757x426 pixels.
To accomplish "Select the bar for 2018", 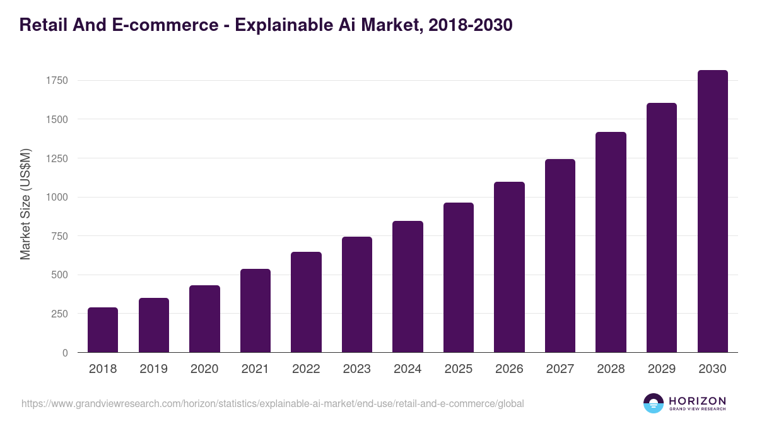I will tap(103, 330).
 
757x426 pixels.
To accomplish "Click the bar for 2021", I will tap(255, 311).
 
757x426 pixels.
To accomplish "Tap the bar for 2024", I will tap(408, 287).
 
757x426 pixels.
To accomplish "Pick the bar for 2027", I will tap(560, 256).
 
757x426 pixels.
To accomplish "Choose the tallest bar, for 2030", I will tap(712, 211).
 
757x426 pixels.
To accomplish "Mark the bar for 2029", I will tap(662, 228).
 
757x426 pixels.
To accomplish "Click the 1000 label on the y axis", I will tap(56, 198).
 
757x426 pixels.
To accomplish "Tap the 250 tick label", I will tap(59, 314).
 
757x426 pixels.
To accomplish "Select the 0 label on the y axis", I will tap(65, 353).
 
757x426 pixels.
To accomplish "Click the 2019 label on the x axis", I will tap(153, 369).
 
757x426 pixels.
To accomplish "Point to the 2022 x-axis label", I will tap(306, 369).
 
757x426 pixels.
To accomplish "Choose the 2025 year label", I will tap(459, 369).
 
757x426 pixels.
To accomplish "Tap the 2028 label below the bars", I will tap(611, 369).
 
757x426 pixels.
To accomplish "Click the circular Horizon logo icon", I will tap(654, 403).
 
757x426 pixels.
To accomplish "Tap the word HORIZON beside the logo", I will tap(697, 401).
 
